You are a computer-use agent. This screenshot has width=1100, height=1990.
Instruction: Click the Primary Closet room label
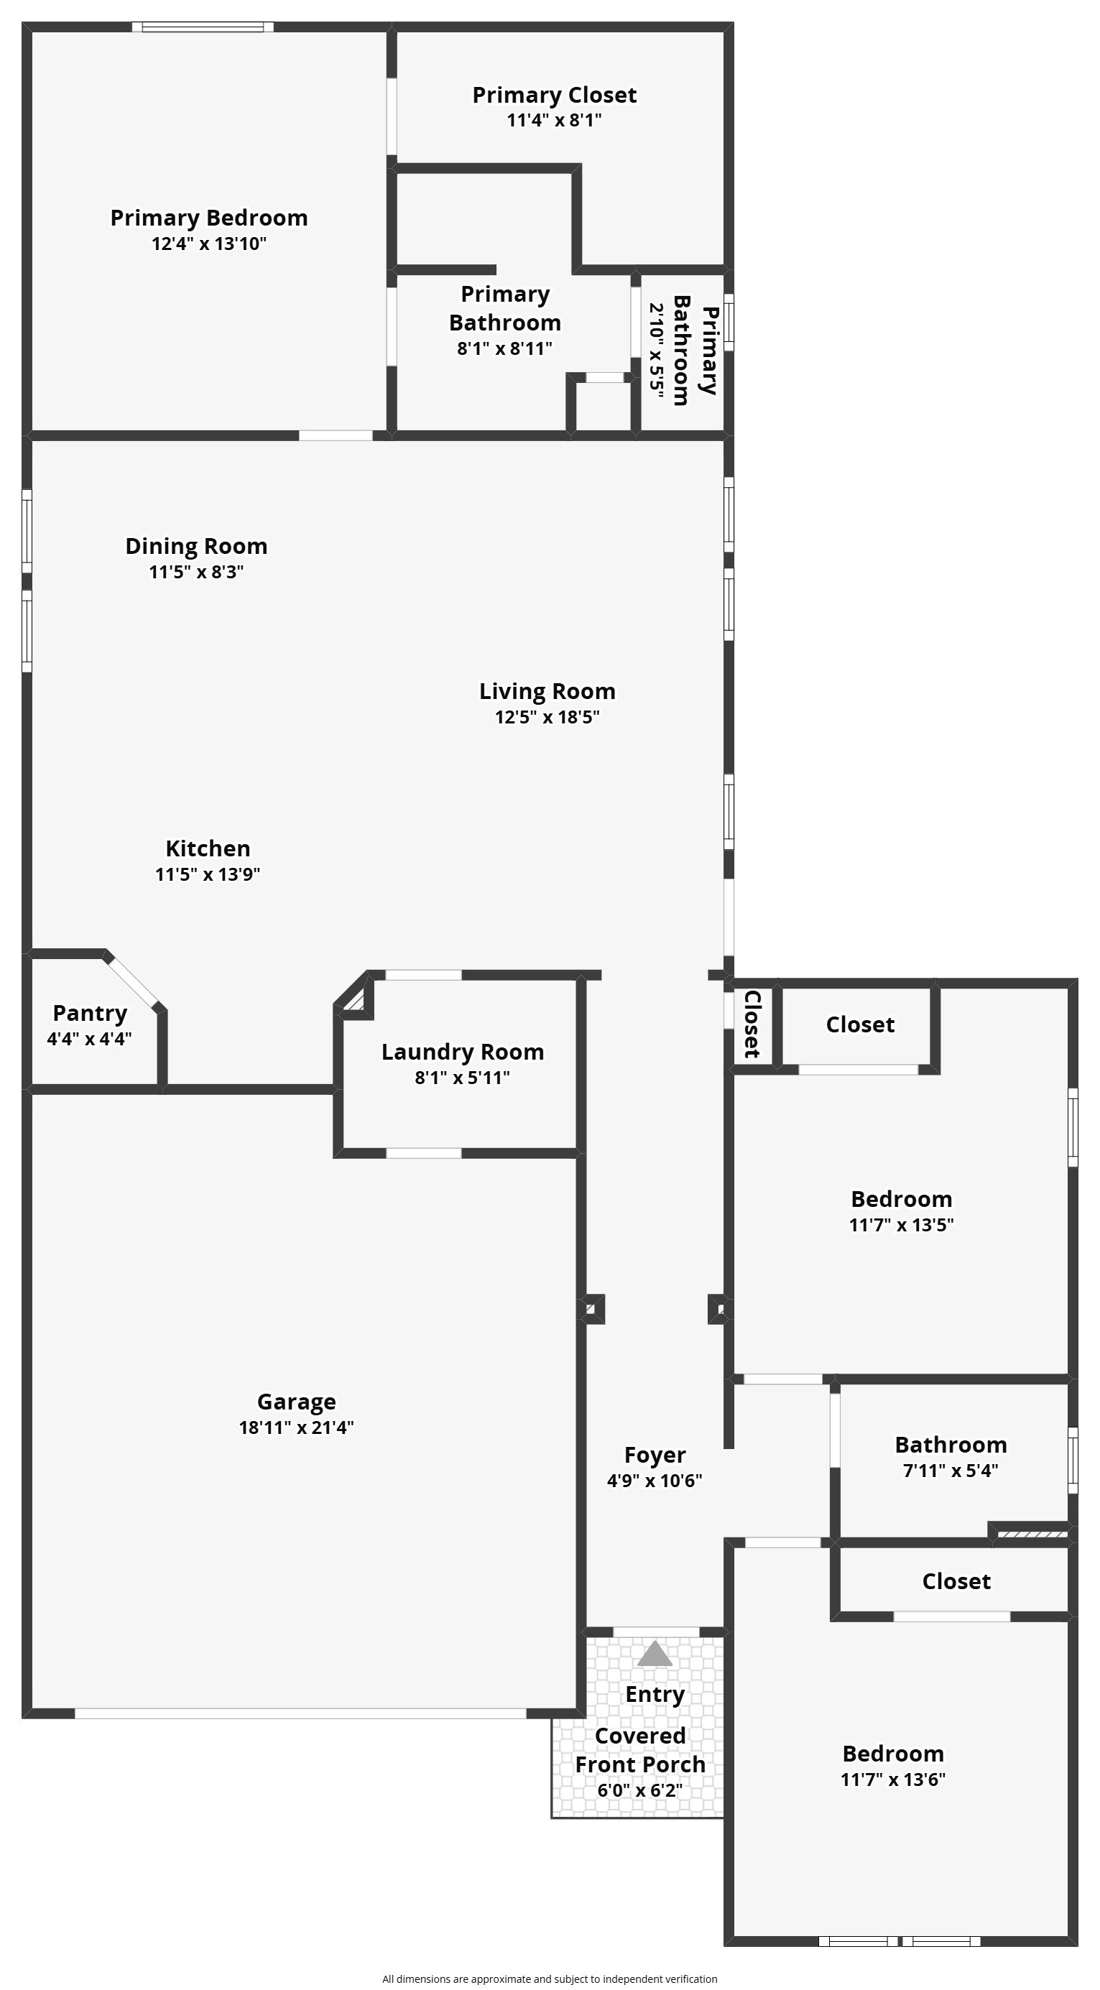pos(555,95)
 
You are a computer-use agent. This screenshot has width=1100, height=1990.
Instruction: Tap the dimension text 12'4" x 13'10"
pos(209,244)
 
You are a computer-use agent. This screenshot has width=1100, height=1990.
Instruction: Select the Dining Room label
pos(196,546)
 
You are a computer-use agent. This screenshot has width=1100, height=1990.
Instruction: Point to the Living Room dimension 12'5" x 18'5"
pos(547,717)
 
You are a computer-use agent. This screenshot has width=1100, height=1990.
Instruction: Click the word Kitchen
pos(208,848)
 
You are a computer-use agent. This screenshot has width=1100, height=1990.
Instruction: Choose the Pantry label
pos(90,1013)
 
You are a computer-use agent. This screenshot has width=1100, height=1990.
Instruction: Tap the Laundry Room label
pos(463,1052)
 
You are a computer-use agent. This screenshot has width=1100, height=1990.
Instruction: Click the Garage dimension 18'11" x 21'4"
pos(297,1427)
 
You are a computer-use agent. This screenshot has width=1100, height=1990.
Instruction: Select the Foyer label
pos(655,1456)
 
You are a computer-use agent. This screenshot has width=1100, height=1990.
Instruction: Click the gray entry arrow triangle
pos(655,1654)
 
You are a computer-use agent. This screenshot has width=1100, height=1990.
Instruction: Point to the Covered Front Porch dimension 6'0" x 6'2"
pos(639,1790)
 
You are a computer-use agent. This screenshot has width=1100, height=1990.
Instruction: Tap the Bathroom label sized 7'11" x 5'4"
pos(951,1445)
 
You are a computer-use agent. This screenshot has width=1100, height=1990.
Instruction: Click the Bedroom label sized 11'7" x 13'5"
pos(902,1199)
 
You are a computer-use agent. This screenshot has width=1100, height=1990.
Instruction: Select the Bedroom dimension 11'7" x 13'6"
pos(893,1779)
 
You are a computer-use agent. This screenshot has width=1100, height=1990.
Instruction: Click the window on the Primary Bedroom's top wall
pos(203,27)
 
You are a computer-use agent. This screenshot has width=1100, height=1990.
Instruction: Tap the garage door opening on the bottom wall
pos(300,1713)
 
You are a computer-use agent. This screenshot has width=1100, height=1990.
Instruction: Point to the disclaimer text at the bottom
pos(550,1979)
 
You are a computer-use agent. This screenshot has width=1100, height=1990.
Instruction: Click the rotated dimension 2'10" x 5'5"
pos(657,351)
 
